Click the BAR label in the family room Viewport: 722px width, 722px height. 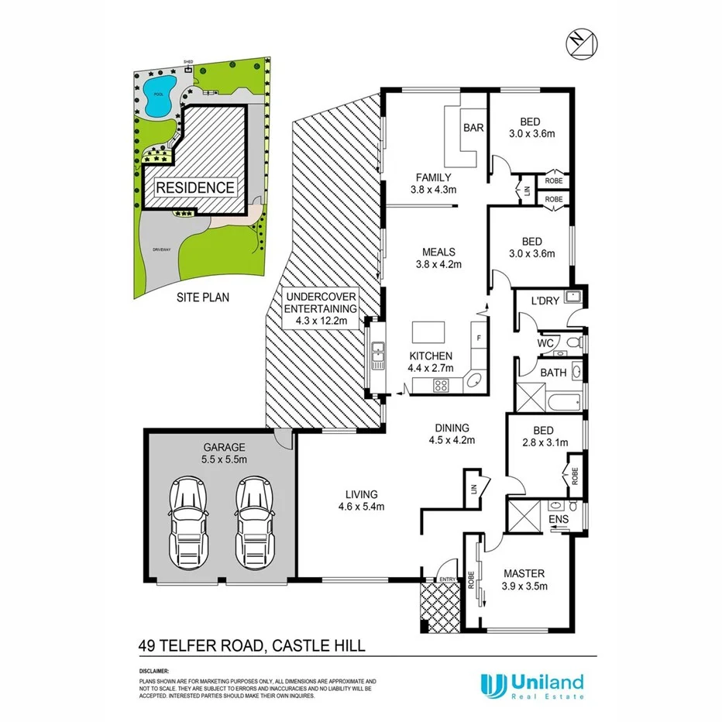coord(472,129)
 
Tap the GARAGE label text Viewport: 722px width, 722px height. coord(225,447)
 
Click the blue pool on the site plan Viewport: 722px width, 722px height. coord(159,96)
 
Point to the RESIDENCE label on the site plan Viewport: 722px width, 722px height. coord(195,187)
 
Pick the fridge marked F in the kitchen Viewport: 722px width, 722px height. coord(478,339)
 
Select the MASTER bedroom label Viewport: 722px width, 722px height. coord(524,574)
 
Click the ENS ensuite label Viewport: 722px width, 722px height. coord(558,520)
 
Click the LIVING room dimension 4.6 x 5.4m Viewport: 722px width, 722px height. coord(362,507)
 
